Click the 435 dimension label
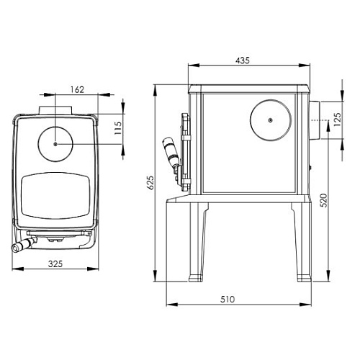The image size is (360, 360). tap(243, 60)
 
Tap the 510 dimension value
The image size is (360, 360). tap(228, 300)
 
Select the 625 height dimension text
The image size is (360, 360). tap(150, 183)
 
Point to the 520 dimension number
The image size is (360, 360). tap(323, 200)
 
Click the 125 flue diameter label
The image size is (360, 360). tap(337, 120)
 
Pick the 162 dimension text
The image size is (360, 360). tap(78, 89)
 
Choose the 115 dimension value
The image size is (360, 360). tap(118, 128)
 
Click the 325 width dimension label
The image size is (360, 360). tap(55, 264)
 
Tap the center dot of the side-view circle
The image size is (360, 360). tap(271, 120)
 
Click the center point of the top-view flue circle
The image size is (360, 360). tap(55, 144)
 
